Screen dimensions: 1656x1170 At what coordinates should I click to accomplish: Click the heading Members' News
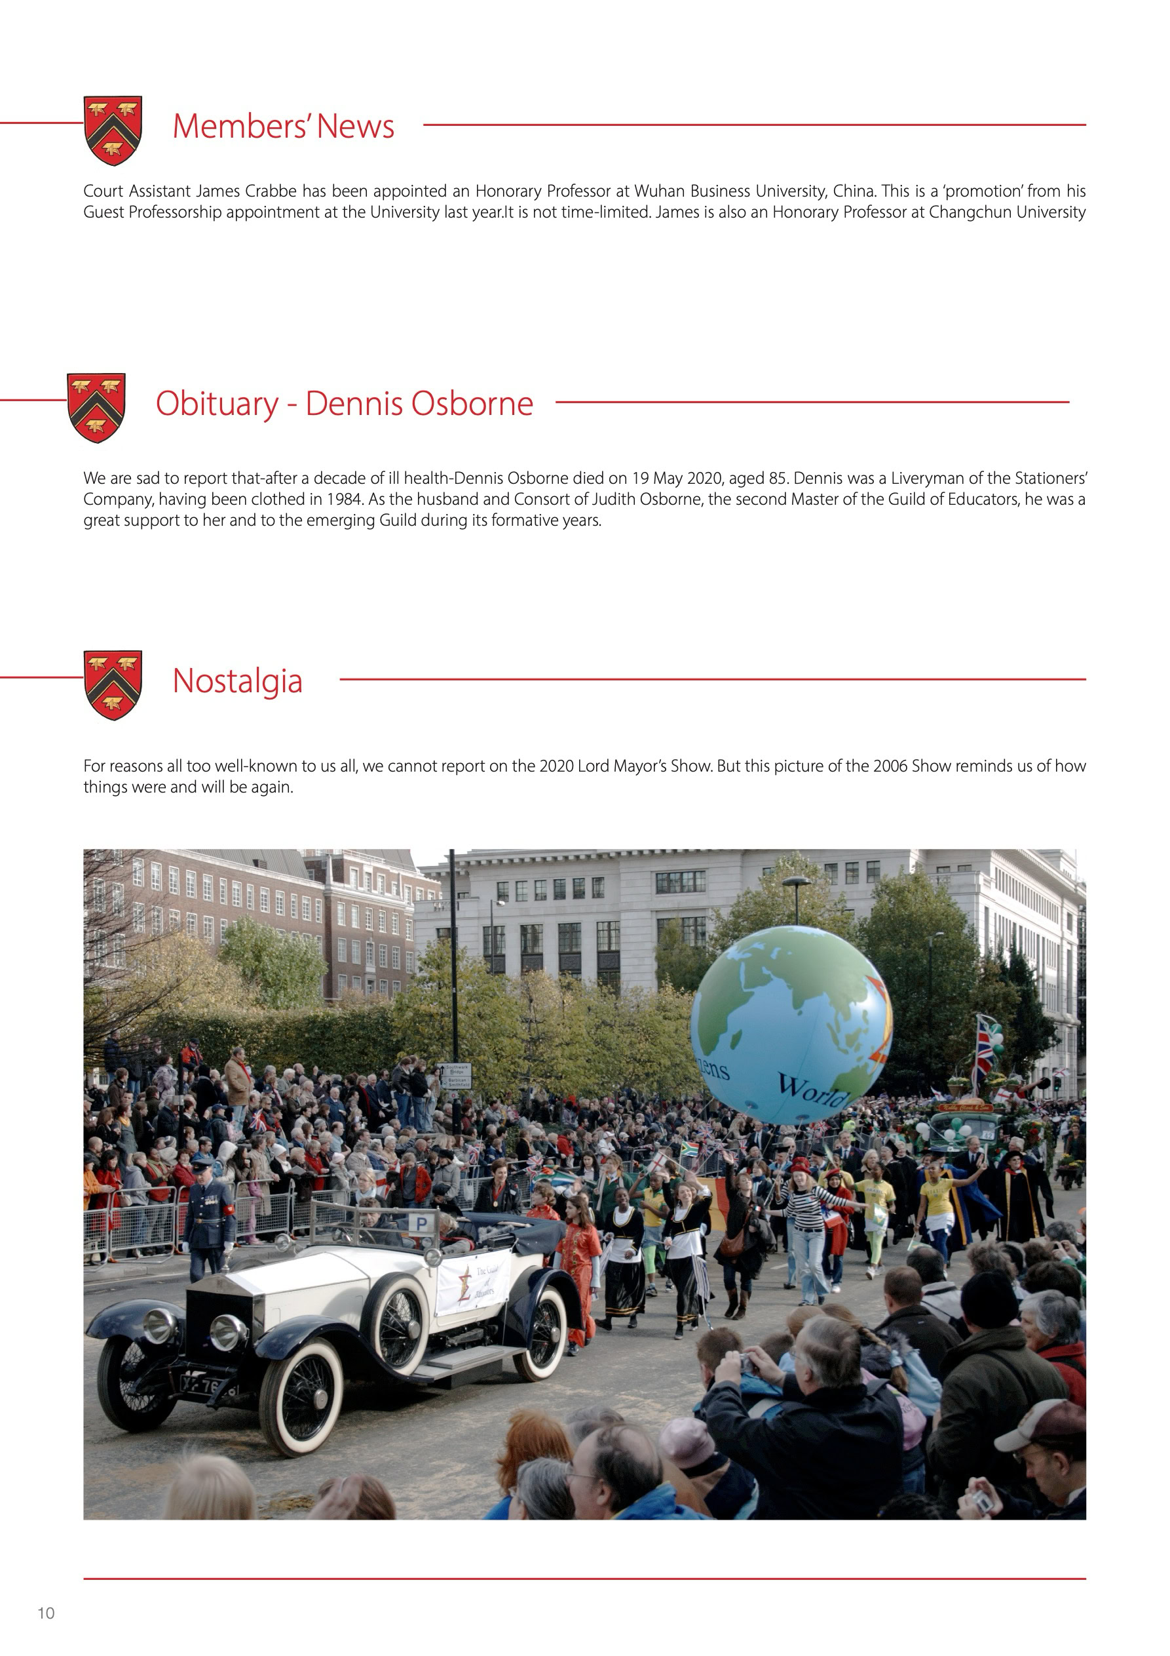[x=283, y=127]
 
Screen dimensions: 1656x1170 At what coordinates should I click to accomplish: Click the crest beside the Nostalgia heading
[x=113, y=684]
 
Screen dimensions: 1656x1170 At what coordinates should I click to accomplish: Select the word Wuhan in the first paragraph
[x=659, y=191]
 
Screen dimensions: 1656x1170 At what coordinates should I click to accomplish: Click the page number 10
[x=46, y=1613]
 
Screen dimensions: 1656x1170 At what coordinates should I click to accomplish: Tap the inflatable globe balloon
[x=791, y=1025]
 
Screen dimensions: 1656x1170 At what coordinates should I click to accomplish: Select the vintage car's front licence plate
[x=209, y=1385]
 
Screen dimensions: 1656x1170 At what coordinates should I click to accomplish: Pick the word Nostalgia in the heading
[x=237, y=681]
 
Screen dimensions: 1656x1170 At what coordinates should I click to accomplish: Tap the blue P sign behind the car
[x=421, y=1223]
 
